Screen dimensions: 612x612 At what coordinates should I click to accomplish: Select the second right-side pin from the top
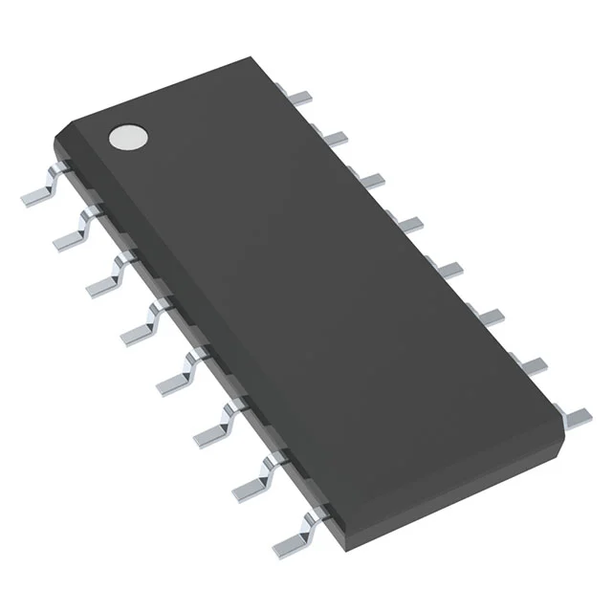tap(334, 139)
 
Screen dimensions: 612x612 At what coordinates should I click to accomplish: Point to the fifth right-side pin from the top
tap(449, 268)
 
